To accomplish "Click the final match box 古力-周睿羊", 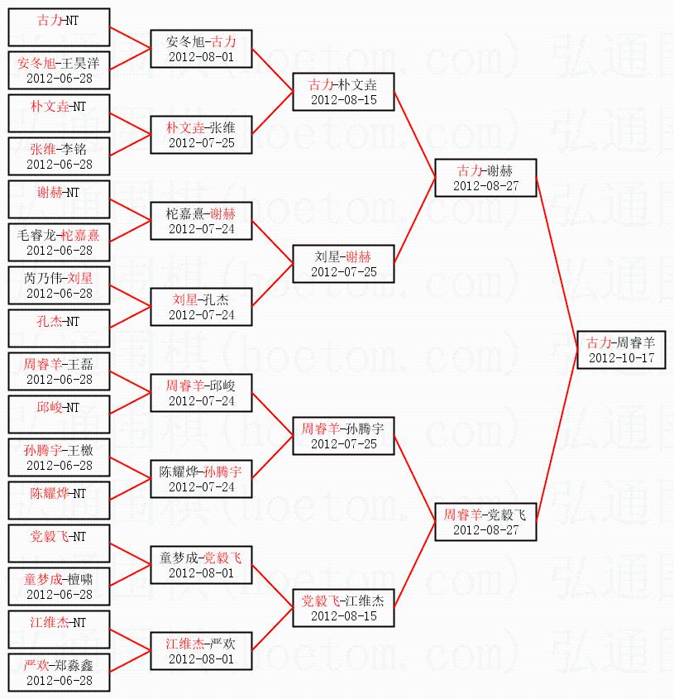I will pos(620,350).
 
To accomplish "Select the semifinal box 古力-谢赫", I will pos(485,178).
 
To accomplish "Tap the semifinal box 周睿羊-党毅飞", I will pos(485,521).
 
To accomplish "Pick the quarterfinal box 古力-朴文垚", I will pos(343,92).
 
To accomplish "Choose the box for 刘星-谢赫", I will pos(343,264).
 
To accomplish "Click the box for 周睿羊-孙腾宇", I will pos(343,436).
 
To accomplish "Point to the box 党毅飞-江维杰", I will pos(343,608).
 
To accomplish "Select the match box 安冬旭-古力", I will pos(201,49).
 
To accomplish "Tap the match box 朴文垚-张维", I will pos(201,135).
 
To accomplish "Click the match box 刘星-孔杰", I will pos(201,307).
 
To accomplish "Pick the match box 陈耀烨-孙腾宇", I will pos(201,479).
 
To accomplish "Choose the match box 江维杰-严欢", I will pos(201,651).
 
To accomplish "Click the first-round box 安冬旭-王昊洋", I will pos(59,70).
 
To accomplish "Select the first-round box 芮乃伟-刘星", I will pos(59,285).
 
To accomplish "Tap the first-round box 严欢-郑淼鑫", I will pos(59,673).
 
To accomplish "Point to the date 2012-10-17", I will pos(620,358).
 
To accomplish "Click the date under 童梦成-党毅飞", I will pos(201,573).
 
